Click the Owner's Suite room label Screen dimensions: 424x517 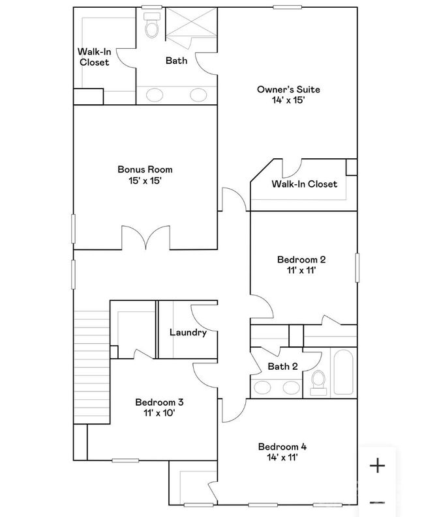click(x=288, y=89)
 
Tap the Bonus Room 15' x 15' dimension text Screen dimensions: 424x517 click(x=145, y=180)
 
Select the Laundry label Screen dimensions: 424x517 click(x=189, y=332)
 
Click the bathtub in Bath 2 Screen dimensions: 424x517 click(x=343, y=372)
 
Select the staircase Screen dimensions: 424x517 click(x=91, y=367)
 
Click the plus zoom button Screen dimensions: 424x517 click(x=377, y=466)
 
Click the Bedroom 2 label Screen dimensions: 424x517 click(x=301, y=260)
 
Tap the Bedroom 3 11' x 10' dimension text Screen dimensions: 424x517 click(x=159, y=413)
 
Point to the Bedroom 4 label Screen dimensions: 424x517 click(x=282, y=447)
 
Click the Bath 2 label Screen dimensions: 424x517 click(x=282, y=367)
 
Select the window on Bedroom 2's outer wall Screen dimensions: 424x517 click(x=357, y=268)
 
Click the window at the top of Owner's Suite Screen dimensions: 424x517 click(x=287, y=7)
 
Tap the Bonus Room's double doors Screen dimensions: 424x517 click(x=146, y=238)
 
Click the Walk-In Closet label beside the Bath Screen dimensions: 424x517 click(x=95, y=57)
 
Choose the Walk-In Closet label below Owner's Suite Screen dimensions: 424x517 click(x=305, y=184)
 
